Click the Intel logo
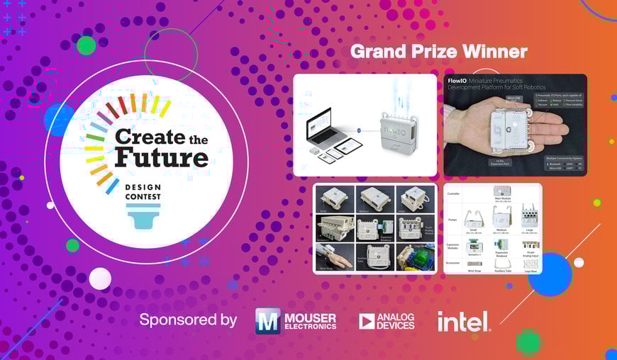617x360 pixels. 463,321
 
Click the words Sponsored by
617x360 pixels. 188,320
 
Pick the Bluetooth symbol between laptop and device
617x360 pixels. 360,130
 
